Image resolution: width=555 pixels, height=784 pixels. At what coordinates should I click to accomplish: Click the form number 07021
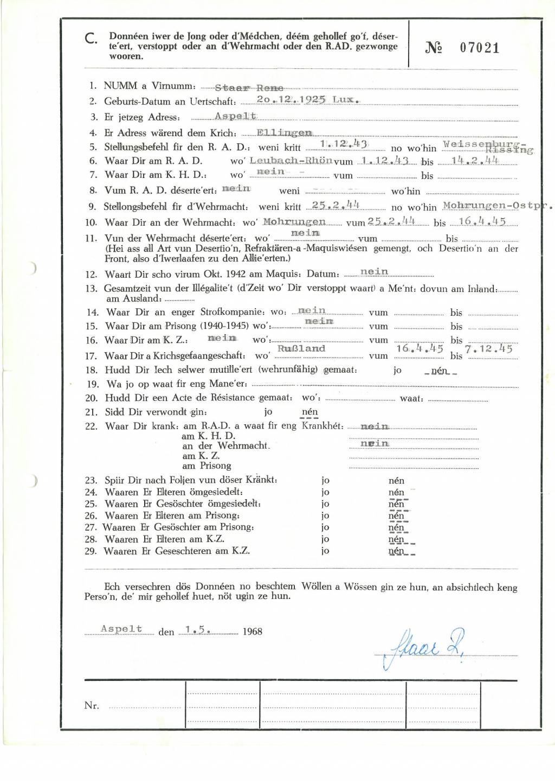[x=479, y=48]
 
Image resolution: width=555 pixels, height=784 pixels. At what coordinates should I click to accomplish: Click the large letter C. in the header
[x=91, y=39]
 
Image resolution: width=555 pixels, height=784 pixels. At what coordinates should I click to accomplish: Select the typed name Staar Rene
[x=249, y=87]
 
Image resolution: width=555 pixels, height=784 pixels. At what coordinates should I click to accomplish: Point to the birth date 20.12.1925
[x=291, y=100]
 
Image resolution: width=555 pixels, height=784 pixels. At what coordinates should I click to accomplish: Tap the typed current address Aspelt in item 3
[x=235, y=116]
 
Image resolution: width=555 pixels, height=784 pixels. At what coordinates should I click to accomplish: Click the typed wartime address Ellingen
[x=284, y=132]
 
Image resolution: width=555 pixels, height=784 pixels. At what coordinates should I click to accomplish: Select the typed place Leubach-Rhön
[x=291, y=161]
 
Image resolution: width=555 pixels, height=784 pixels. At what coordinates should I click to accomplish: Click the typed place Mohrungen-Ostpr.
[x=496, y=206]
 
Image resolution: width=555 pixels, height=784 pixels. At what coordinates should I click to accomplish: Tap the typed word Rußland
[x=301, y=348]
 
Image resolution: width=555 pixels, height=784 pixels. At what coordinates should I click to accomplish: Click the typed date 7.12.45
[x=488, y=349]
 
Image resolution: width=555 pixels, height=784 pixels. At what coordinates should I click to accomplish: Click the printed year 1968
[x=252, y=632]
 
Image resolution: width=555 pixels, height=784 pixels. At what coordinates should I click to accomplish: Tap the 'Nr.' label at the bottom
[x=92, y=705]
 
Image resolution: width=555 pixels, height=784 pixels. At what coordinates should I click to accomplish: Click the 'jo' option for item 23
[x=325, y=480]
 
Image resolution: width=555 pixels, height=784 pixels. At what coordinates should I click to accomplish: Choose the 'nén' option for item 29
[x=396, y=551]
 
